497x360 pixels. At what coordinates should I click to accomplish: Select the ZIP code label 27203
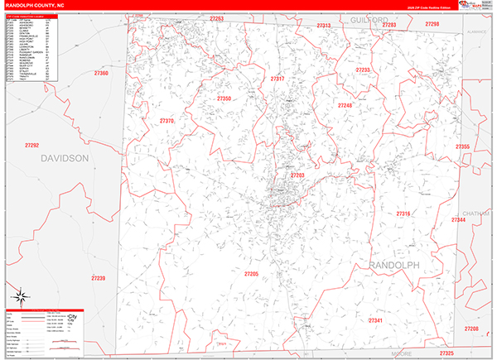[x=297, y=176]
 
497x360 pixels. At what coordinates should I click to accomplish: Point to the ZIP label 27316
[x=403, y=214]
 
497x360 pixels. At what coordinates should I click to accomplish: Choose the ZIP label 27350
[x=224, y=99]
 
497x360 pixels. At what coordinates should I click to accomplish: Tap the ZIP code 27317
[x=277, y=79]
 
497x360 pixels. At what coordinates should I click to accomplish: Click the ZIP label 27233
[x=362, y=70]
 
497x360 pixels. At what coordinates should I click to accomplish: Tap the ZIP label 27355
[x=462, y=146]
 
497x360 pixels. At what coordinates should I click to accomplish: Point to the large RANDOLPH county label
[x=393, y=265]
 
